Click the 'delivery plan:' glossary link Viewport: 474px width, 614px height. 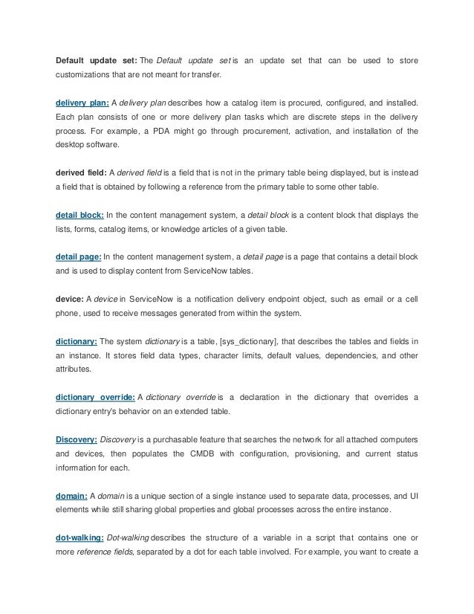coord(82,101)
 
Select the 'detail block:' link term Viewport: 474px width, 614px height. coord(79,215)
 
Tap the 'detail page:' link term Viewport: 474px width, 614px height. coord(78,257)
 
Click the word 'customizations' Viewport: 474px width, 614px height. coord(85,74)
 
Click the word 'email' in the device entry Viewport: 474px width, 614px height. coord(358,299)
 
